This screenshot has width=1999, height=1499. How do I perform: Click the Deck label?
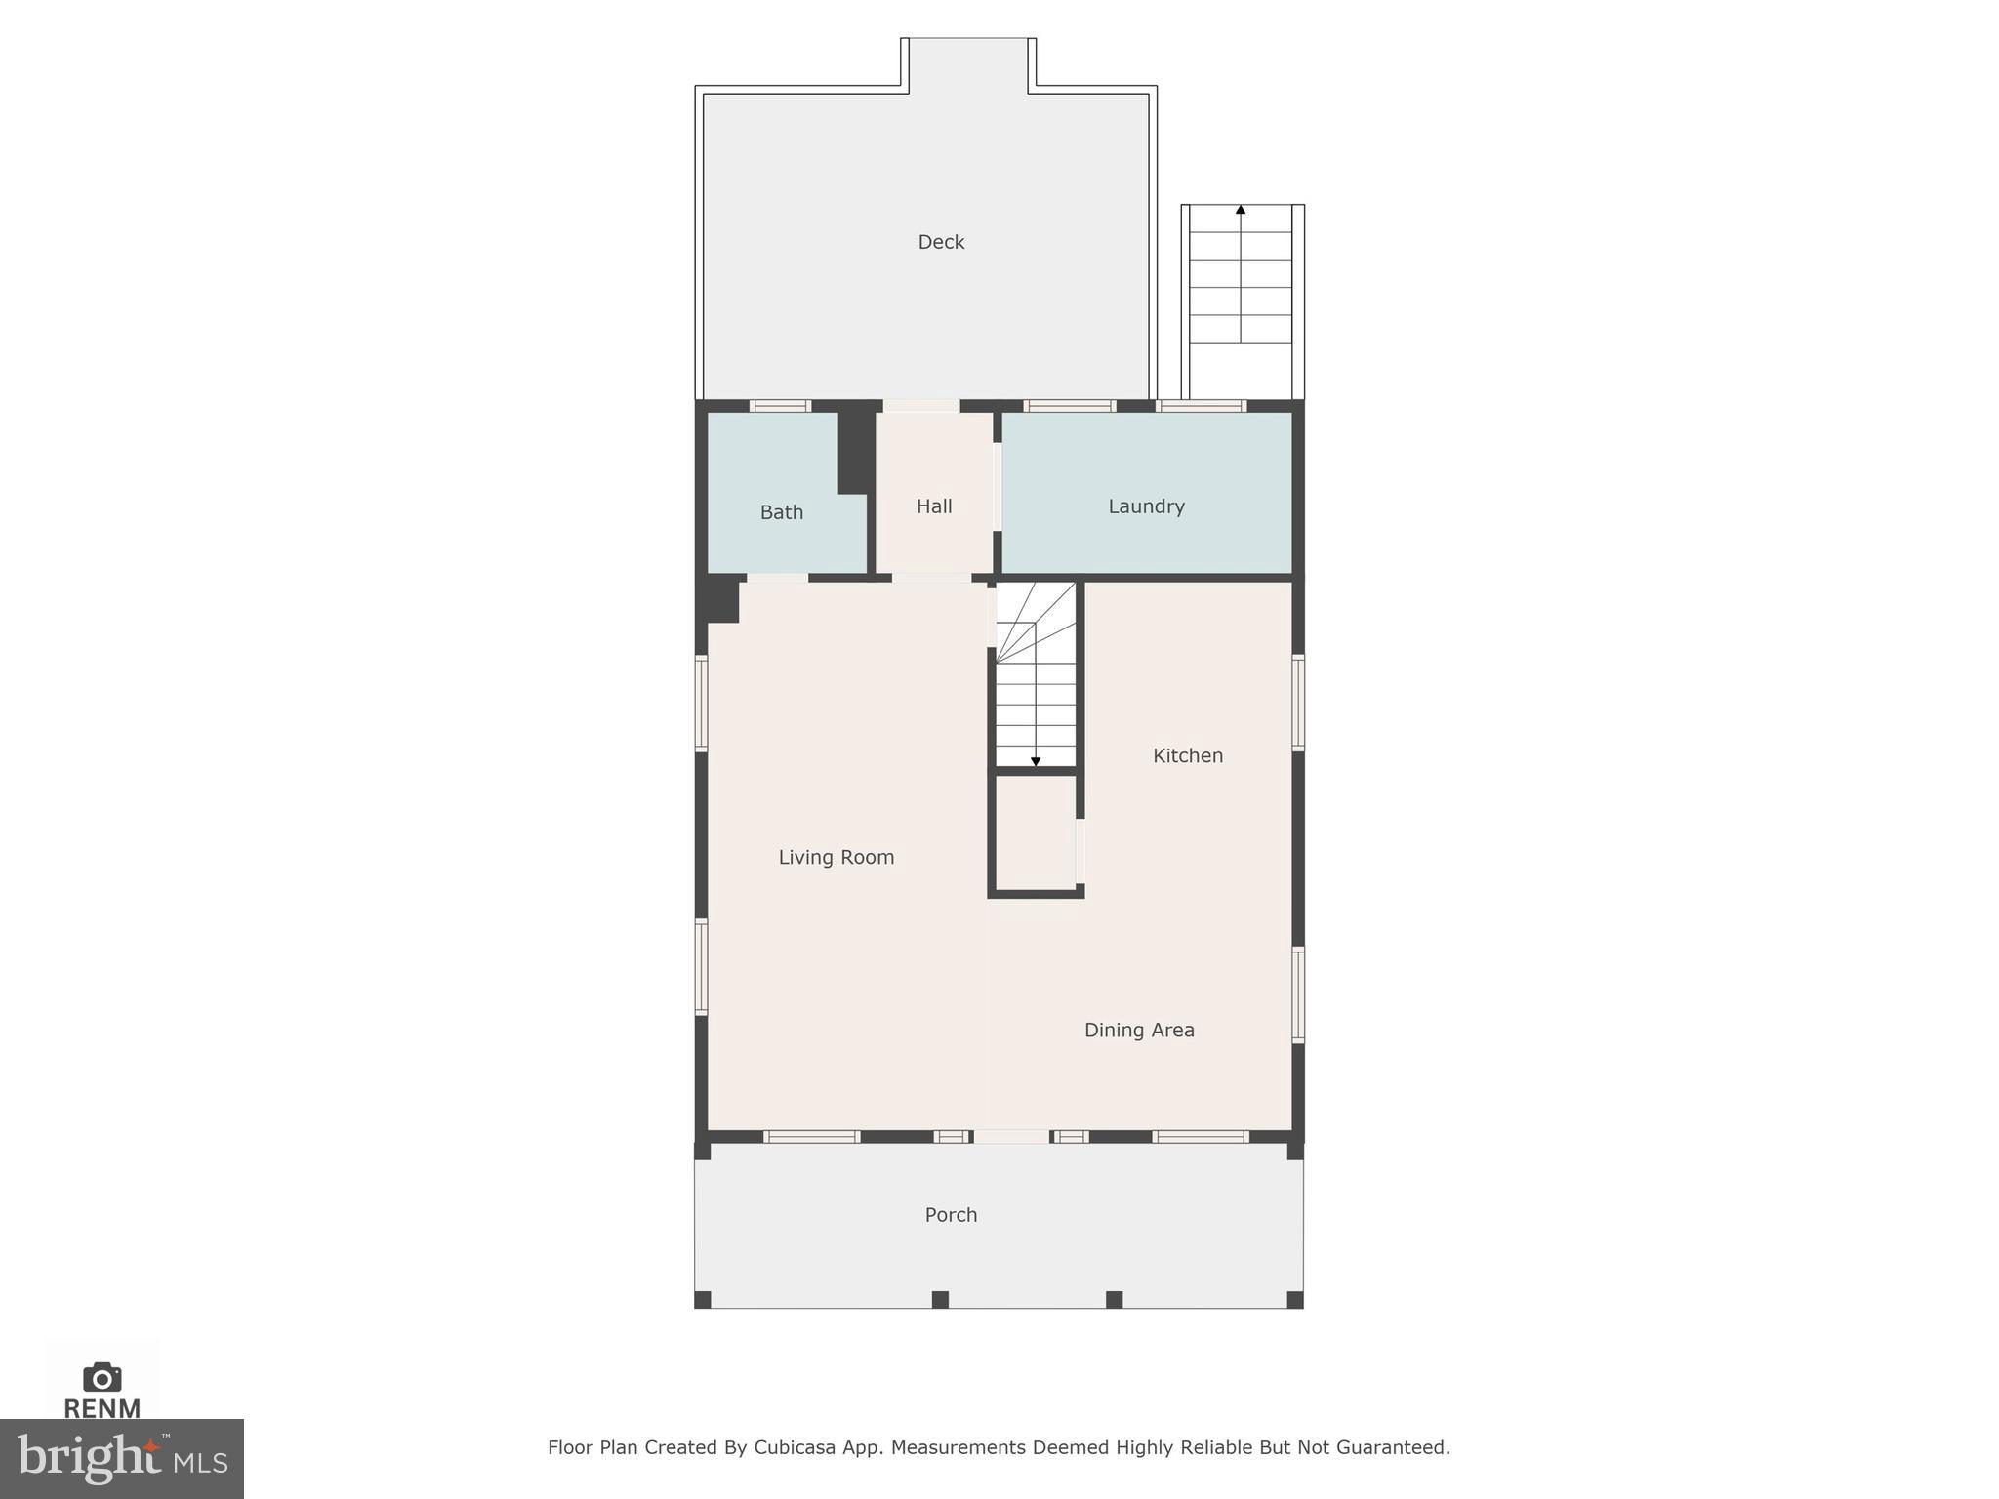coord(941,242)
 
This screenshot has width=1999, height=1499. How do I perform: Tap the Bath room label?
coord(781,512)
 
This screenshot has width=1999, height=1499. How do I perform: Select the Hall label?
coord(934,506)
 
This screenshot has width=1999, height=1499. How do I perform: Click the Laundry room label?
coord(1146,506)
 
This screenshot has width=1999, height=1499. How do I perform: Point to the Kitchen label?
coord(1187,755)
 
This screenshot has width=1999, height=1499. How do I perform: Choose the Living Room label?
coord(836,857)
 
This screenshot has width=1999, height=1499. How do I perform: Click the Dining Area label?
coord(1139,1030)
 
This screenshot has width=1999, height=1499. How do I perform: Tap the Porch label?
coord(951,1215)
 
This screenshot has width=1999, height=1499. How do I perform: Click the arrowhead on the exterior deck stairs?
coord(1241,210)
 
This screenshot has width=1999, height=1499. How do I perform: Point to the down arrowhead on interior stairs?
coord(1036,761)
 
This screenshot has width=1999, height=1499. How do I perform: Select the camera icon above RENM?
coord(102,1377)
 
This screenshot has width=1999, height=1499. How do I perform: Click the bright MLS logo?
coord(121,1458)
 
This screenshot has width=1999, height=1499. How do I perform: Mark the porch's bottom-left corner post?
coord(702,1299)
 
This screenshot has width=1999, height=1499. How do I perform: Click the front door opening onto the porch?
coord(1012,1137)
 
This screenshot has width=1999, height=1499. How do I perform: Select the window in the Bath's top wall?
coord(780,406)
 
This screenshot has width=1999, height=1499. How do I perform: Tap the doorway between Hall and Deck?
coord(921,406)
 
